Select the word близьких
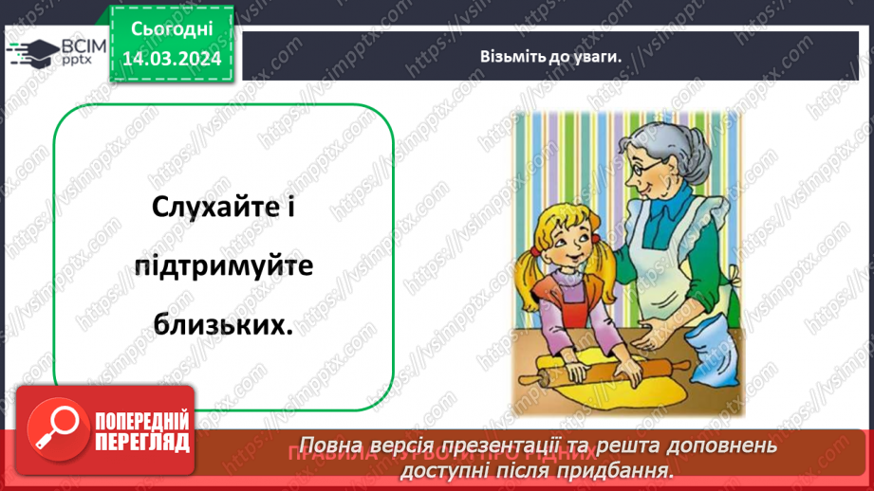coord(222,324)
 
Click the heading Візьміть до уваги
coord(550,56)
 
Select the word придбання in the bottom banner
coord(627,468)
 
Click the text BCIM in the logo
coord(83,45)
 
